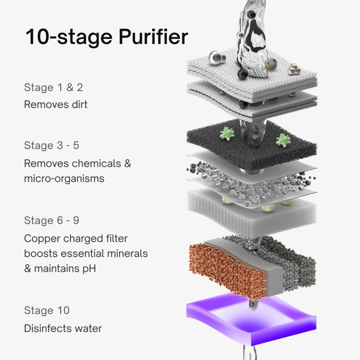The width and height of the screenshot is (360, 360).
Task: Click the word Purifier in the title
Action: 153,37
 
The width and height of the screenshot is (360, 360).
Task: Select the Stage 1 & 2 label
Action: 53,88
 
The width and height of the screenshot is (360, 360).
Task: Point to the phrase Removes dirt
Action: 55,104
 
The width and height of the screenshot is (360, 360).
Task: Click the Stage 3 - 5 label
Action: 51,145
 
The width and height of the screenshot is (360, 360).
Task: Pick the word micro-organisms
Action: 64,178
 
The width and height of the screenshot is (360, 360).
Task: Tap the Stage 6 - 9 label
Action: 51,221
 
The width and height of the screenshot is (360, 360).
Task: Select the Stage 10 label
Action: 47,310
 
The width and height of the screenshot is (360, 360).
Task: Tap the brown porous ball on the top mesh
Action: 271,64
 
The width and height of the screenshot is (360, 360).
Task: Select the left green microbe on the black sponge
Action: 227,134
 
